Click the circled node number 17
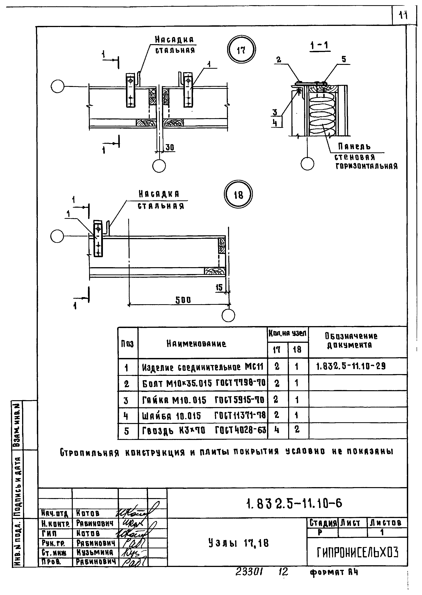pyautogui.click(x=241, y=50)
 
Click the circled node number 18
pyautogui.click(x=238, y=194)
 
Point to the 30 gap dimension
pyautogui.click(x=170, y=148)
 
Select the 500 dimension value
pyautogui.click(x=183, y=300)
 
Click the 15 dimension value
pyautogui.click(x=219, y=288)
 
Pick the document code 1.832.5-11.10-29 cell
pyautogui.click(x=351, y=366)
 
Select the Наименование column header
pyautogui.click(x=196, y=344)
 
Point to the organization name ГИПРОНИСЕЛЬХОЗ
pyautogui.click(x=357, y=552)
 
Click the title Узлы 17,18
pyautogui.click(x=238, y=543)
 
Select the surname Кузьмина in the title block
pyautogui.click(x=95, y=552)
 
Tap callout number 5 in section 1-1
pyautogui.click(x=344, y=59)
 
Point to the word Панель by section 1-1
pyautogui.click(x=354, y=147)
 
